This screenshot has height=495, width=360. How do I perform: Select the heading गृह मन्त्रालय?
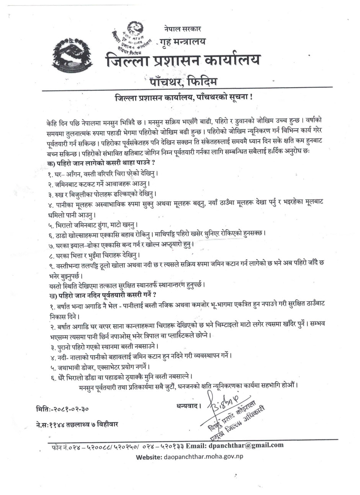click(x=183, y=41)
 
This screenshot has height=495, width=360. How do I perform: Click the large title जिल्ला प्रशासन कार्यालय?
click(x=183, y=60)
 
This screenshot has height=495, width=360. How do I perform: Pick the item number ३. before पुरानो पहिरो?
click(x=53, y=346)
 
